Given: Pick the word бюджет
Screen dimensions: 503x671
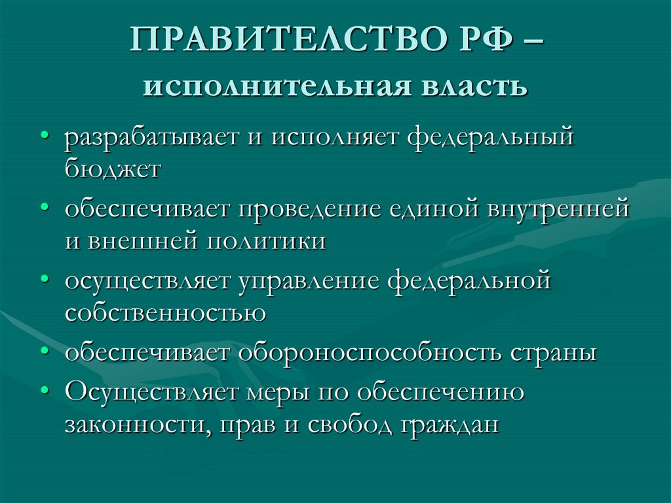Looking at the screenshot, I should click(x=112, y=169).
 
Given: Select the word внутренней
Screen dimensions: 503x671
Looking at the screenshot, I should click(x=558, y=211).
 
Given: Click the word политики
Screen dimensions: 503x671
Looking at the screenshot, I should click(x=267, y=240).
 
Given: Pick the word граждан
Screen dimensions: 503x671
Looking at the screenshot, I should click(x=449, y=425).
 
